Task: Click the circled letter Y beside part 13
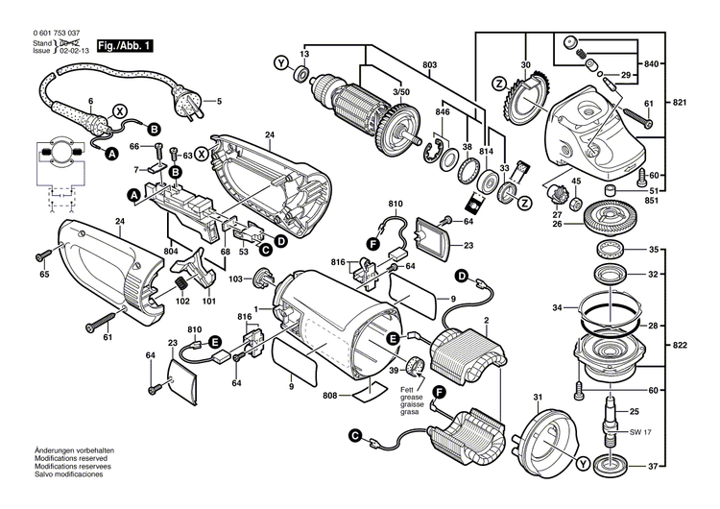280,62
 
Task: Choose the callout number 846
443,112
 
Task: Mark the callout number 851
680,201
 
